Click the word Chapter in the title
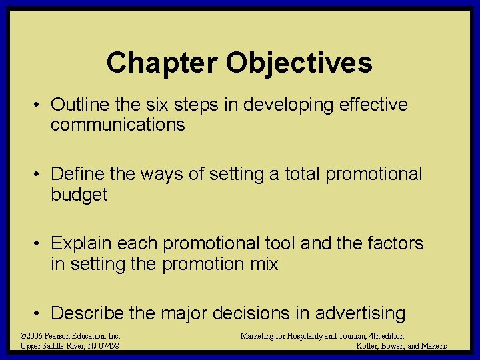(161, 63)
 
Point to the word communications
(117, 125)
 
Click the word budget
(79, 195)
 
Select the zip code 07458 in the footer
(107, 345)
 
